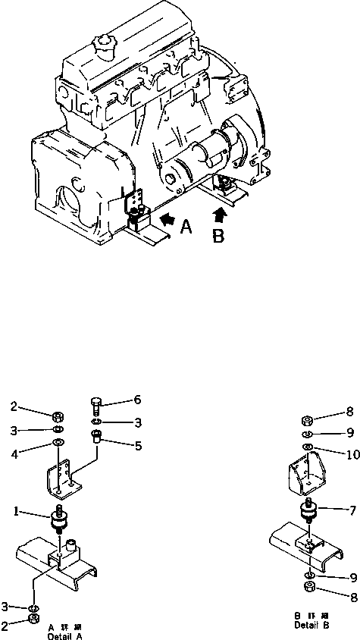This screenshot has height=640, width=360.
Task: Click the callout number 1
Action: [15, 511]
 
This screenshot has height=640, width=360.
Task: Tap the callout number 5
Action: [138, 447]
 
